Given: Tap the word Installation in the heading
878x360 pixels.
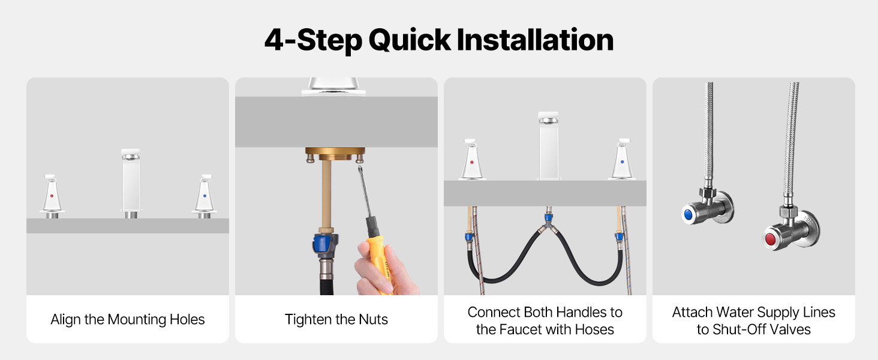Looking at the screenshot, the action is (535, 40).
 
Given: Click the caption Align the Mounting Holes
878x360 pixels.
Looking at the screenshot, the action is (127, 320).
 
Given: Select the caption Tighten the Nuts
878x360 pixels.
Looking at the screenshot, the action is (336, 320).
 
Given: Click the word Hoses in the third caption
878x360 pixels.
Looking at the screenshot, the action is (594, 329).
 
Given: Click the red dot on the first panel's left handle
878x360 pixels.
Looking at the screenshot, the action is (52, 196).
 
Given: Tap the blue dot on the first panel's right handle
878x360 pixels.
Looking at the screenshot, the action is (205, 196).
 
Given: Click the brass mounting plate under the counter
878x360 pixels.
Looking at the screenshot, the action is (335, 151).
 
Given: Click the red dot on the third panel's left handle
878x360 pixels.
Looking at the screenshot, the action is (471, 162).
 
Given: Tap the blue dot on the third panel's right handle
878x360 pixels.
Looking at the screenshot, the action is (622, 161).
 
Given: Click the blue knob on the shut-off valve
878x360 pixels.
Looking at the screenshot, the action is (688, 214).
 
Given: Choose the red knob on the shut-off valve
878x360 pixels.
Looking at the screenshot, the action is (770, 239).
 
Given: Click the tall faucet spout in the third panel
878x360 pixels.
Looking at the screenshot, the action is (548, 146).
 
